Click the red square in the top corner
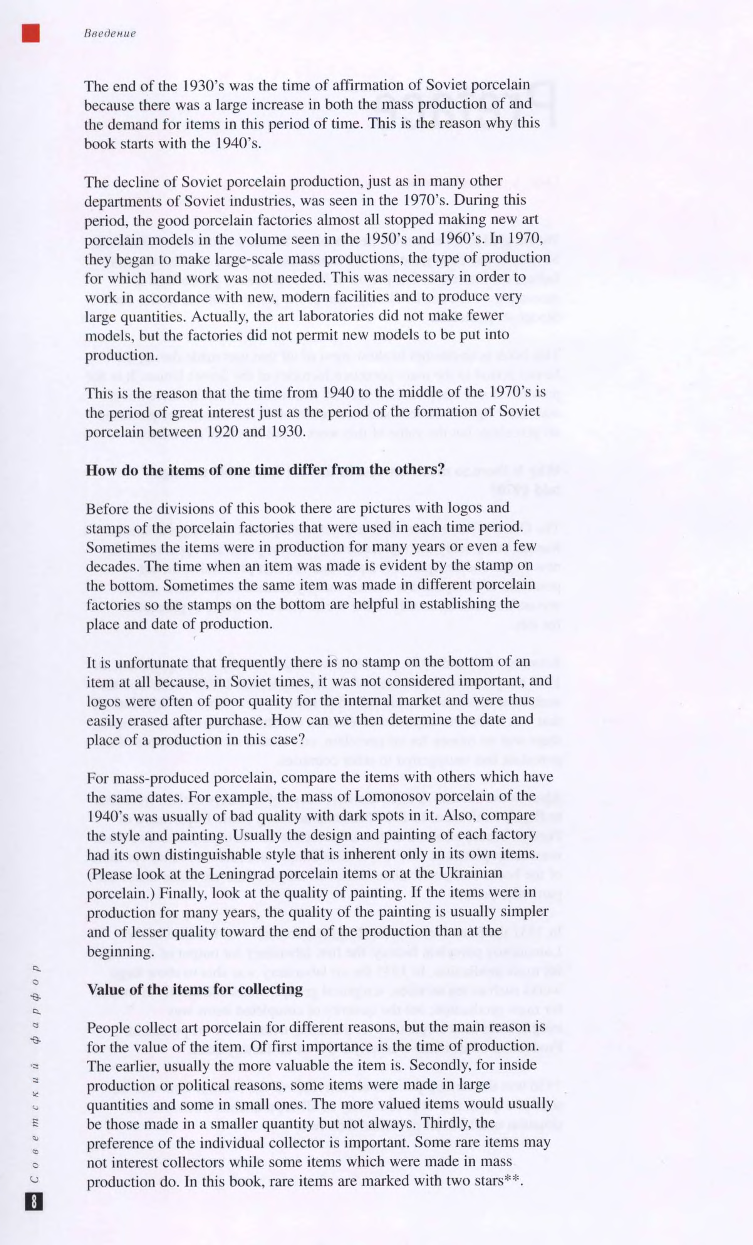click(x=31, y=33)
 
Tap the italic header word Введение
click(x=110, y=34)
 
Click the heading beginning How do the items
click(x=265, y=469)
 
